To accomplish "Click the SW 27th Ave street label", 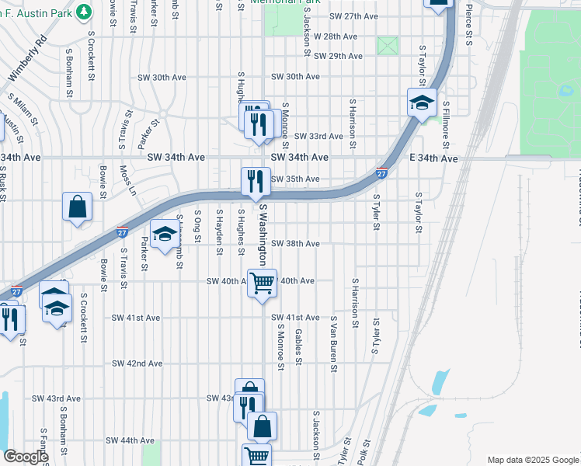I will point(353,16).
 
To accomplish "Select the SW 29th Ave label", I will point(338,57).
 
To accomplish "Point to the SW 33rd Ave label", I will point(318,136).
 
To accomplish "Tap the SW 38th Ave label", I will point(294,244).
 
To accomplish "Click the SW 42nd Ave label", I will point(137,363).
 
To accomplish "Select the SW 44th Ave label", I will point(130,440).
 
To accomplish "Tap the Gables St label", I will point(298,346).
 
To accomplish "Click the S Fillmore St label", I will point(446,125).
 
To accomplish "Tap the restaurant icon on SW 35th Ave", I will point(256,182).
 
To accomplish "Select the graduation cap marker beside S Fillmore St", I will point(421,103).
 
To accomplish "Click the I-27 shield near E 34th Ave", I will point(381,173).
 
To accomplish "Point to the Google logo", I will point(26,457).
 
